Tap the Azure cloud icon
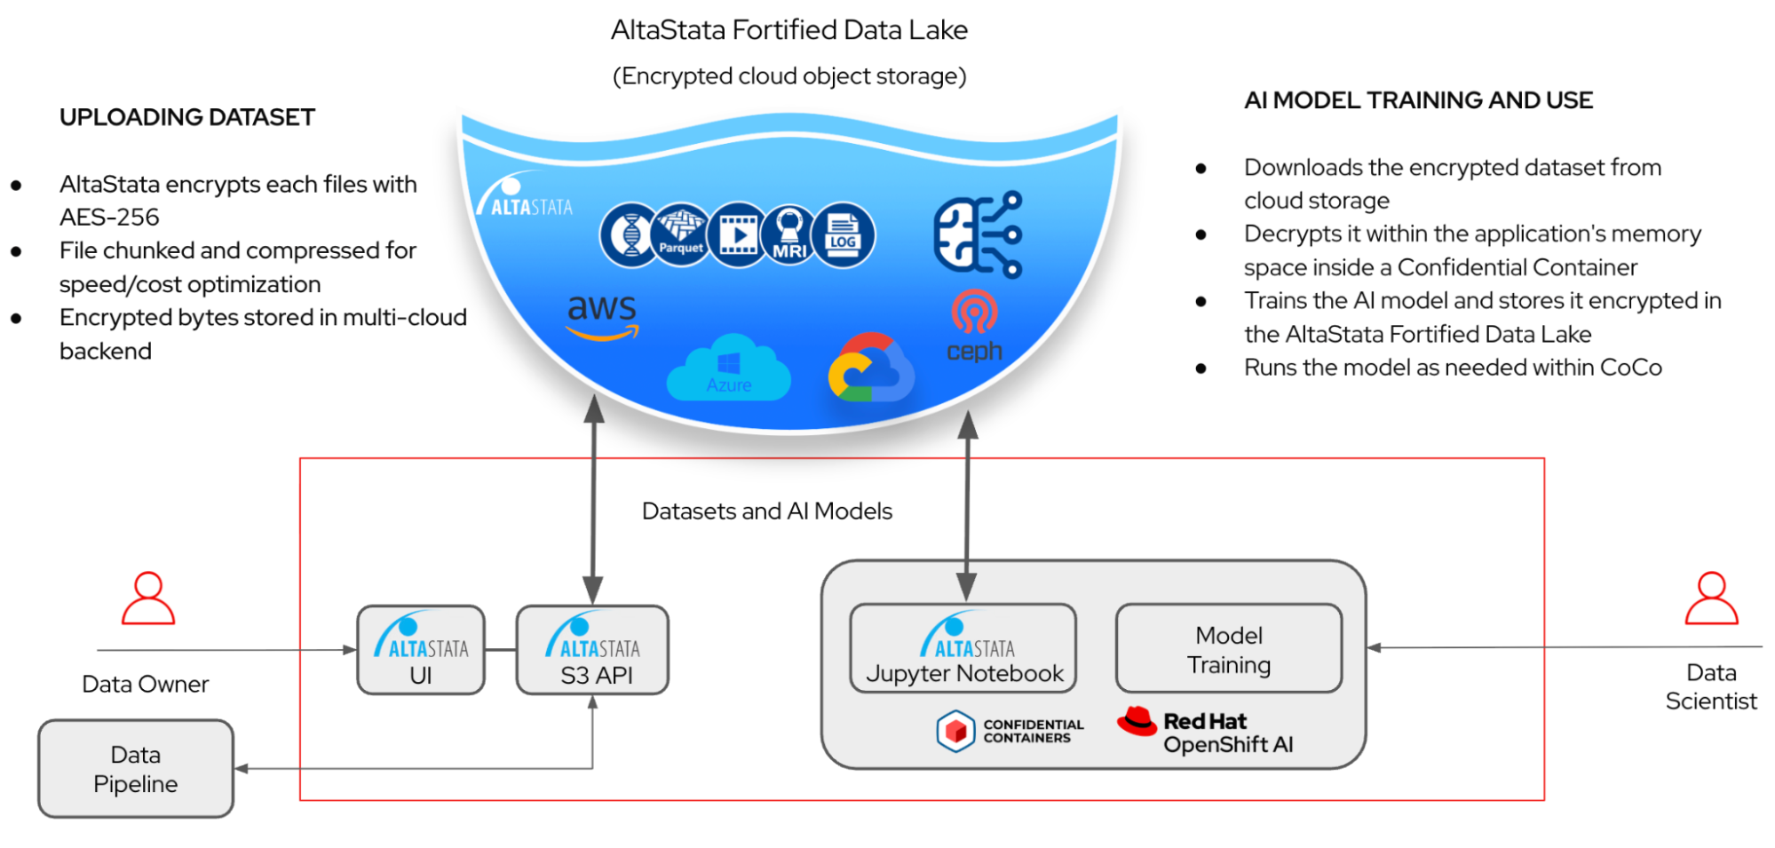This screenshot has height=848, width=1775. (x=728, y=368)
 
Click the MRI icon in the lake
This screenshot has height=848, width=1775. (x=789, y=235)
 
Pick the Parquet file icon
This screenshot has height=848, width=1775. (x=681, y=234)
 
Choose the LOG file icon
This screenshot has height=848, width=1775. (x=843, y=235)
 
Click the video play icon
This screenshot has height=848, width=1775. (x=738, y=235)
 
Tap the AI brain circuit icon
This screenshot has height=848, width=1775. (x=978, y=234)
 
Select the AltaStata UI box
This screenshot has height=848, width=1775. (x=421, y=650)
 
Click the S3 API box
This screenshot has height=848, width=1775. (x=593, y=650)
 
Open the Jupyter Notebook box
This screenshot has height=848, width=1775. (x=963, y=648)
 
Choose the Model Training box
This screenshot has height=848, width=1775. (x=1229, y=649)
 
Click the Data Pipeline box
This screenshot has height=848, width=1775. (x=136, y=769)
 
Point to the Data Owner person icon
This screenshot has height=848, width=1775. (x=148, y=598)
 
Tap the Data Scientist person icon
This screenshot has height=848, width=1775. (x=1711, y=598)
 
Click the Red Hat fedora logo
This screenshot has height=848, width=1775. (x=1137, y=721)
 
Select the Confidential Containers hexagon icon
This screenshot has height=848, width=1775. (x=955, y=731)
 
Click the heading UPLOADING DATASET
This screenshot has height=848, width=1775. (x=187, y=117)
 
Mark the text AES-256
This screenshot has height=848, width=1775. (x=109, y=218)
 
